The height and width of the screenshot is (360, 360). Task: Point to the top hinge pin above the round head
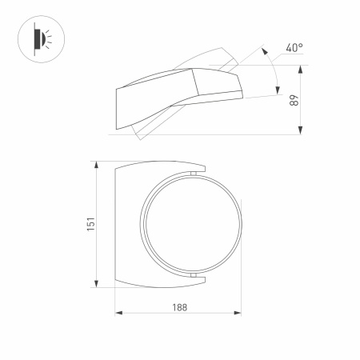[x=193, y=172]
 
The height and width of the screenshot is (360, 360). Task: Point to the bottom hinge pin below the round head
[x=193, y=276]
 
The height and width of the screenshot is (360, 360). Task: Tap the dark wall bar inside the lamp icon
[x=34, y=38]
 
